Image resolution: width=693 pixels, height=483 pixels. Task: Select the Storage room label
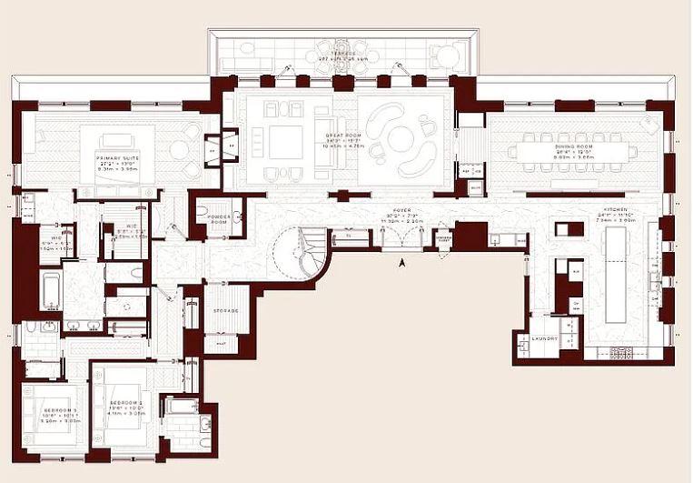coord(224,311)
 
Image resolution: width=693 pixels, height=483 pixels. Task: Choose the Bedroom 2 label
coord(126,405)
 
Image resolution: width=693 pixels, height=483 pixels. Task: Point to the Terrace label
coord(342,53)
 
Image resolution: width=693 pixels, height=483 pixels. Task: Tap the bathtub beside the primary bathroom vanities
coord(50,292)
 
